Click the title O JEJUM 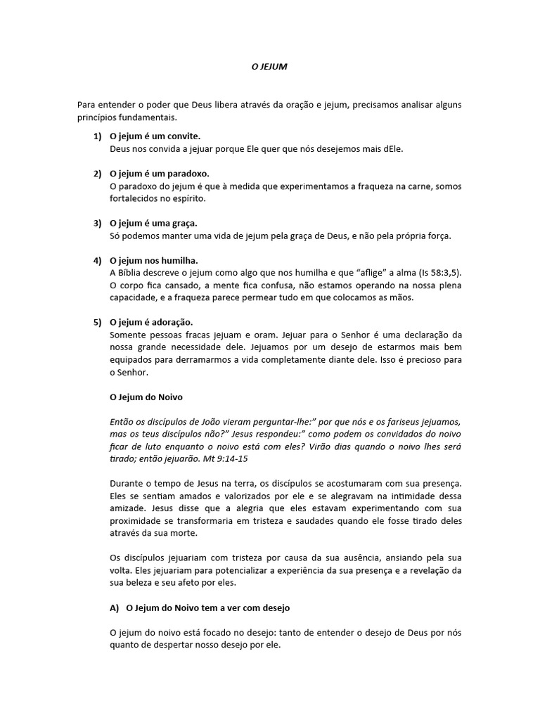pos(269,67)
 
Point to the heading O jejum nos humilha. pos(153,260)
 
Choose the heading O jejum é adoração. pos(152,322)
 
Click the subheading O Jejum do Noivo pos(146,397)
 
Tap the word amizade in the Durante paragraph pos(129,509)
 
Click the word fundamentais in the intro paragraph pos(138,117)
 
